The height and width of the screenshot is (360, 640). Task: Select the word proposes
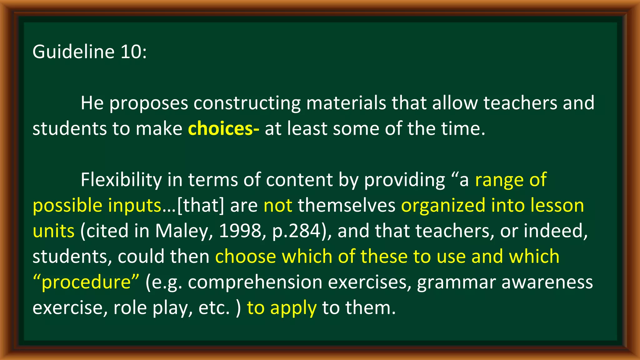[148, 103]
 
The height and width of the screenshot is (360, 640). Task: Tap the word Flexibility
[121, 180]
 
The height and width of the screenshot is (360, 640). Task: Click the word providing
[404, 180]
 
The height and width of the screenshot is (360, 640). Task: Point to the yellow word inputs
[134, 206]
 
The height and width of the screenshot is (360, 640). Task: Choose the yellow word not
[278, 206]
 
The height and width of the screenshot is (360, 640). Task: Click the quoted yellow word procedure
[86, 283]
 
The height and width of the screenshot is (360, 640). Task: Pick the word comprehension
[255, 283]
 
